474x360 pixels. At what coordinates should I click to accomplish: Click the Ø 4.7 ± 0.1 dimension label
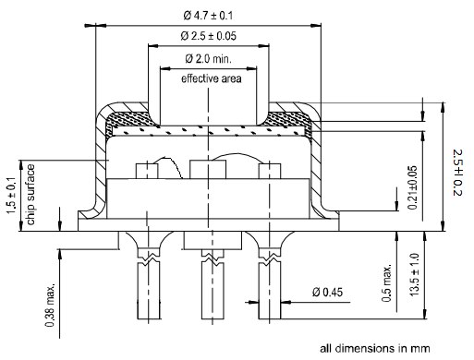(x=208, y=15)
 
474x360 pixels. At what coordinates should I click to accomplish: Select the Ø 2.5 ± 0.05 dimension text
(x=208, y=36)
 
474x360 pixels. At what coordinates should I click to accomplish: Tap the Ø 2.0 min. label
(x=208, y=58)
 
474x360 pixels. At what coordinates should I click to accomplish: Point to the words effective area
(x=211, y=78)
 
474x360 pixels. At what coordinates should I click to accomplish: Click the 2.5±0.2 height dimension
(x=458, y=173)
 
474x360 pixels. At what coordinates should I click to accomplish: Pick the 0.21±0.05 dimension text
(x=412, y=187)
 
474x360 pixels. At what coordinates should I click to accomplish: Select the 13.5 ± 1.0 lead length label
(x=414, y=274)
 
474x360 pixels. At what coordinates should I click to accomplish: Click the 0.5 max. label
(x=386, y=282)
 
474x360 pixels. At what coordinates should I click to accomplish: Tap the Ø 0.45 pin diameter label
(x=327, y=292)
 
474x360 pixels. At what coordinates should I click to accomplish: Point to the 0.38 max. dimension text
(x=50, y=305)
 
